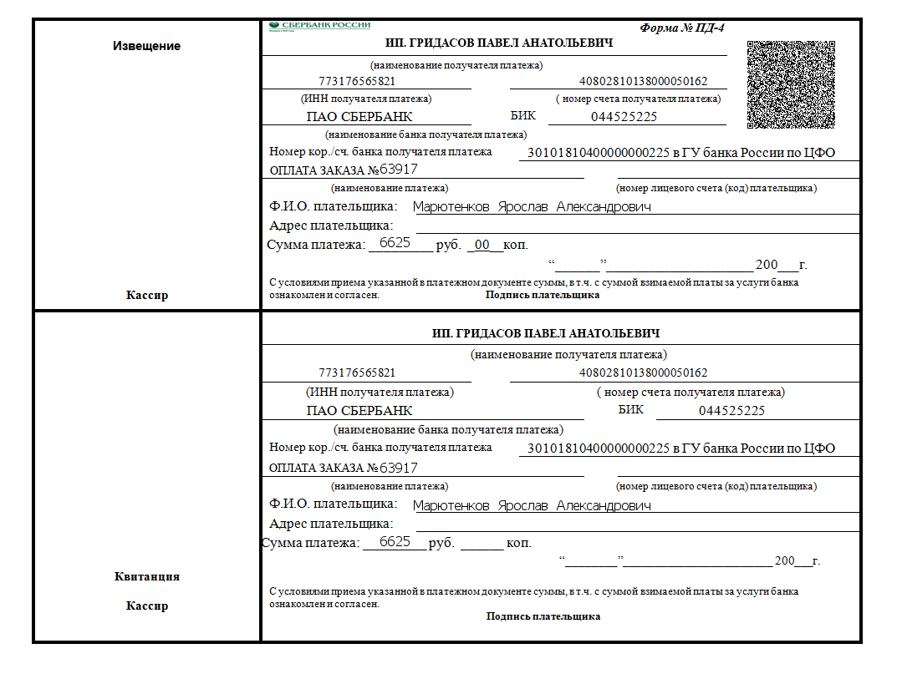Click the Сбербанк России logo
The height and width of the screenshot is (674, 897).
coord(319,26)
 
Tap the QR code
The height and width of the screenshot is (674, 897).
coord(791,84)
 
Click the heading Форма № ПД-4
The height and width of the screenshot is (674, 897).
coord(682,28)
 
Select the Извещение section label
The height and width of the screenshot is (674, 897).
coord(146,46)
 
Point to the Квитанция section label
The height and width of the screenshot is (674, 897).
coord(146,576)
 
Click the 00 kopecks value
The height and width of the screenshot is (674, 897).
coord(482,245)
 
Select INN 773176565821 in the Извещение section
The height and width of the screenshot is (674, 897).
coord(357,82)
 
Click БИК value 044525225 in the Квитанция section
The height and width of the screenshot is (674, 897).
coord(731,411)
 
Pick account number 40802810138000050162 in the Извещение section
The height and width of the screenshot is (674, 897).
coord(643,82)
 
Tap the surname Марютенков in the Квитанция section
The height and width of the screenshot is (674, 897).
coord(451,505)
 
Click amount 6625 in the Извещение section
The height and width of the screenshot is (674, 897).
coord(395,243)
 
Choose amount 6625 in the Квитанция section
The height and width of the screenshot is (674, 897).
coord(395,542)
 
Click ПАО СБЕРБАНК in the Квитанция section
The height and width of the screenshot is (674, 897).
coord(359,411)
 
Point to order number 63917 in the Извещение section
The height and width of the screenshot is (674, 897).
coord(399,170)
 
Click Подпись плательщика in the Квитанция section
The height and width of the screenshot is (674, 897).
coord(543,616)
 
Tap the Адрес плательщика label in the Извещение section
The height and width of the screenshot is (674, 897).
coord(331,226)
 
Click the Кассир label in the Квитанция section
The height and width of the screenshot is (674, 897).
coord(146,606)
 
